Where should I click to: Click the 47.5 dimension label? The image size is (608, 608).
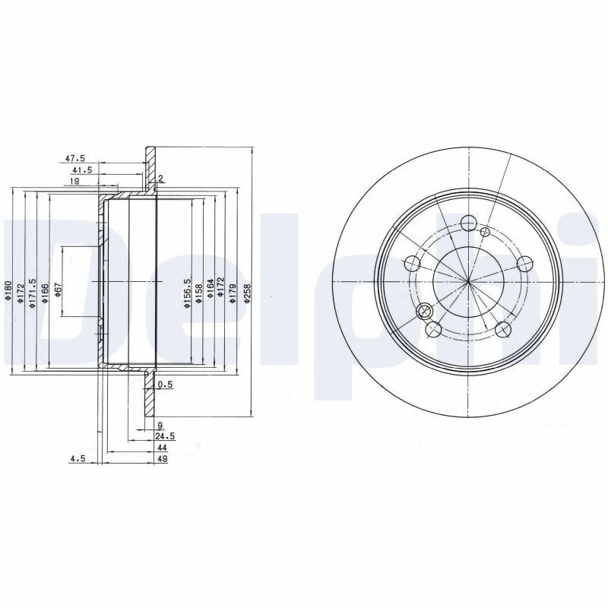click(x=74, y=158)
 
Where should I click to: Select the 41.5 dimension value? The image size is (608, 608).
click(x=82, y=169)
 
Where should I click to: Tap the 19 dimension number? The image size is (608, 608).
click(x=74, y=181)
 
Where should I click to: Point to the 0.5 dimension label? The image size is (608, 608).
click(x=165, y=385)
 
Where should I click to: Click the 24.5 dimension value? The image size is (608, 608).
click(x=165, y=436)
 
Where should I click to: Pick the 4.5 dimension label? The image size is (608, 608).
click(x=78, y=459)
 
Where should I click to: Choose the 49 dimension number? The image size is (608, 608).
click(x=162, y=459)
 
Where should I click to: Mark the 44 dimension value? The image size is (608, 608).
click(x=162, y=448)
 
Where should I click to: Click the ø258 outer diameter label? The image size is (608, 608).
click(x=248, y=293)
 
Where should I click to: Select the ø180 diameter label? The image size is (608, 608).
click(x=8, y=290)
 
